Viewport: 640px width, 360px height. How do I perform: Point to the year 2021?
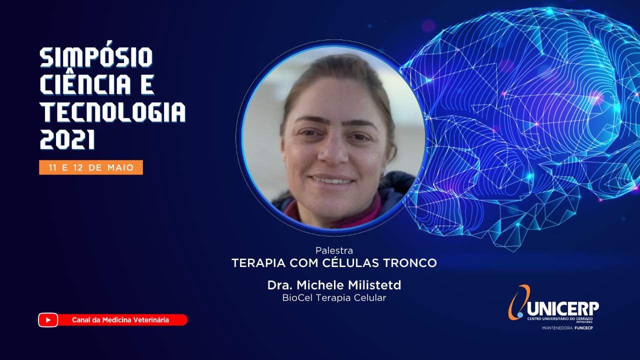(x=67, y=139)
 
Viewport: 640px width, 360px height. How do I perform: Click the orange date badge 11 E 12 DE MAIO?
(x=91, y=167)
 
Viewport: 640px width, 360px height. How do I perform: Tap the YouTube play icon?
(x=48, y=320)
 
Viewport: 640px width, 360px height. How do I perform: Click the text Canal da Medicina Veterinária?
(x=120, y=320)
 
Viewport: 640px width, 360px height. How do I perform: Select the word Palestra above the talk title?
(x=334, y=250)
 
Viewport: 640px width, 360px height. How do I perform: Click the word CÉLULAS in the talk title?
(x=353, y=262)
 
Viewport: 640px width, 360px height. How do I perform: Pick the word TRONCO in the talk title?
(x=410, y=263)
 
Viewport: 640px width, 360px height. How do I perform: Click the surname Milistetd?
(x=374, y=285)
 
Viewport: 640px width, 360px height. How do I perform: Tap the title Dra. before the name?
(x=280, y=285)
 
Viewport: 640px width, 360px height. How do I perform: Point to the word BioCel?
(x=295, y=297)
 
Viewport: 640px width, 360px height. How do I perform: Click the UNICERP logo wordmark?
(x=562, y=309)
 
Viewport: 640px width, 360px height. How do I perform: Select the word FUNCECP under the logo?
(x=583, y=328)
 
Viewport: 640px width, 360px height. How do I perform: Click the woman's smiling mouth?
(x=332, y=180)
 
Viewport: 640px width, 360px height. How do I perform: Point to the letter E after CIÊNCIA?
(x=147, y=84)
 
